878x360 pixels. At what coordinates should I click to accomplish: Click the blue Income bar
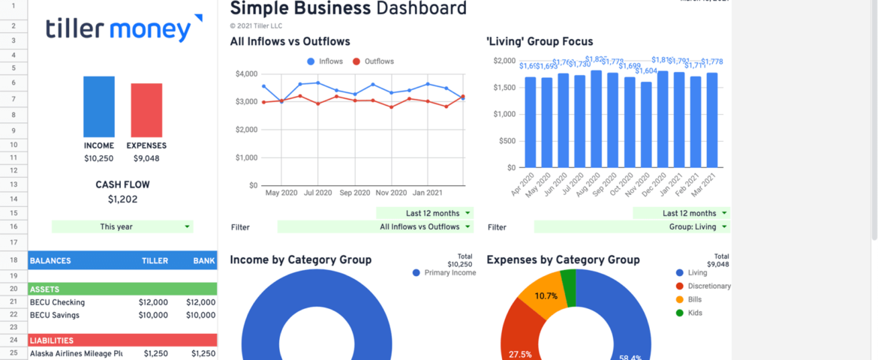(x=99, y=106)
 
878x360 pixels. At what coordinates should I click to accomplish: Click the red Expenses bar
(x=146, y=109)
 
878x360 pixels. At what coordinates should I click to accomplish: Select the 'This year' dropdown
(x=122, y=226)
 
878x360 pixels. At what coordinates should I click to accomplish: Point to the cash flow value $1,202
(x=122, y=199)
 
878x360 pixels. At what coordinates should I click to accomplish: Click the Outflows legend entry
(x=373, y=61)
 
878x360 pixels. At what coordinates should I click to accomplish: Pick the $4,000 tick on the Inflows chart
(x=246, y=73)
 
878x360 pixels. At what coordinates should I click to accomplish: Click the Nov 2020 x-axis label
(x=391, y=193)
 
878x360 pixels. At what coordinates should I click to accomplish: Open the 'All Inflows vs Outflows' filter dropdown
(x=376, y=226)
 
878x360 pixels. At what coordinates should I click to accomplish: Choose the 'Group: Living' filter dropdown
(x=633, y=226)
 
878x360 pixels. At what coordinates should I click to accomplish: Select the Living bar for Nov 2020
(x=647, y=124)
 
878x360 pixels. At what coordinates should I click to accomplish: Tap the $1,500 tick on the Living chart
(x=503, y=88)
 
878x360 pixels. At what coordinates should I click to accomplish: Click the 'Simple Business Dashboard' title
(x=348, y=9)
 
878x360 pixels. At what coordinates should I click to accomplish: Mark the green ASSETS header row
(x=122, y=289)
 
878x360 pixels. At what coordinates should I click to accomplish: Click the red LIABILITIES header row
(x=122, y=340)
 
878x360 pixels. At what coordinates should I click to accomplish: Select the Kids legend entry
(x=695, y=313)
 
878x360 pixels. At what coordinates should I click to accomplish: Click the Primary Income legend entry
(x=450, y=273)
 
